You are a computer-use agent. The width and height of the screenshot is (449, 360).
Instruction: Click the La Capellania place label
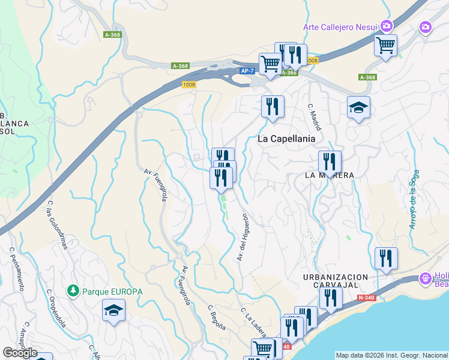pos(286,139)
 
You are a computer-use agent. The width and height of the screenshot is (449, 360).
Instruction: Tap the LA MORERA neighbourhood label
pos(329,175)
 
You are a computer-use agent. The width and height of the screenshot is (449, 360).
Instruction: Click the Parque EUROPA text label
pos(113,292)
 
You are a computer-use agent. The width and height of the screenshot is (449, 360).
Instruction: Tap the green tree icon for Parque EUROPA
pos(73,291)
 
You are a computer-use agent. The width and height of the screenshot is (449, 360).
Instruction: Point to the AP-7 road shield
pos(247,71)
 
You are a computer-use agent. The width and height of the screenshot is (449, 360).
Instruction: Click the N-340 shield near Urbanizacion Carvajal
pos(365,298)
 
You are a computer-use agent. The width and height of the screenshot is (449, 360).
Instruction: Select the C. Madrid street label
pos(315,117)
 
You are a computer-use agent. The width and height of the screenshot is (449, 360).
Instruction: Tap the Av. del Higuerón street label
pos(242,237)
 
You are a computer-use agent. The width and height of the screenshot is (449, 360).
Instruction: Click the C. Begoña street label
pos(217,317)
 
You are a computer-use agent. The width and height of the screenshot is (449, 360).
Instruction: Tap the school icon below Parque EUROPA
pos(113,311)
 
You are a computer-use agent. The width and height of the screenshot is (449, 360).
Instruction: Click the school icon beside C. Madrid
pos(358,107)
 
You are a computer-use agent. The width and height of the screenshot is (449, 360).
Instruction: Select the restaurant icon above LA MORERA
pos(330,161)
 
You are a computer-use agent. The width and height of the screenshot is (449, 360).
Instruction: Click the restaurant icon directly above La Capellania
pos(273,107)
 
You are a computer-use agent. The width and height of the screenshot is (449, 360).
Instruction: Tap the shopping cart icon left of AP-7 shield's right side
pos(270,63)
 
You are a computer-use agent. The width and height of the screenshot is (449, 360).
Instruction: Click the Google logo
pos(19,353)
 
